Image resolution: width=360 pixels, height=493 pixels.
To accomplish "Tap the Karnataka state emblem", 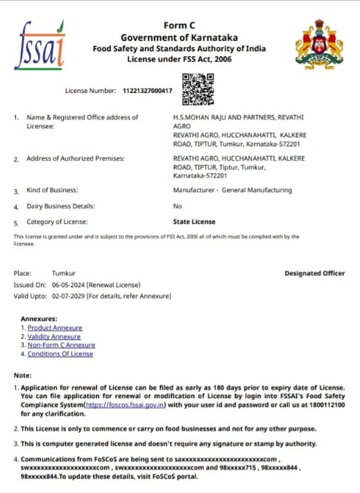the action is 319,44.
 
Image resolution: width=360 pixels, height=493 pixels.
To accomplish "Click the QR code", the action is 197,88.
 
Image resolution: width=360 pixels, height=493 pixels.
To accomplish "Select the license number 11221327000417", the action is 147,91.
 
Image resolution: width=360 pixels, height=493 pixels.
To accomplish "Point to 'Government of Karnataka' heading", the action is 179,37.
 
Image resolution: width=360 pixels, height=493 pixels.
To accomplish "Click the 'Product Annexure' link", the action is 55,327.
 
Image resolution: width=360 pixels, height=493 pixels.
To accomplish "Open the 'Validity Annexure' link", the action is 54,336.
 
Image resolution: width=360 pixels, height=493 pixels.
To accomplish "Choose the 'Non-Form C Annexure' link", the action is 61,345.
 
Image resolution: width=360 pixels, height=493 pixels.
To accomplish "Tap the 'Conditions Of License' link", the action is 60,354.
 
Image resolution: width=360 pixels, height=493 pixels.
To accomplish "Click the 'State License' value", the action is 194,222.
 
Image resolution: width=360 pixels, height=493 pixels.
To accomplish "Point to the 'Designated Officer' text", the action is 314,273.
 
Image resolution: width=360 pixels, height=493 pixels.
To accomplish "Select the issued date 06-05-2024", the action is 67,285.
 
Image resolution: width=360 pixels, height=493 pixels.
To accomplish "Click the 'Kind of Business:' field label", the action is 52,190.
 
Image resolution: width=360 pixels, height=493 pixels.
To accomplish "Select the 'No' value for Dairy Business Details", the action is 177,206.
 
